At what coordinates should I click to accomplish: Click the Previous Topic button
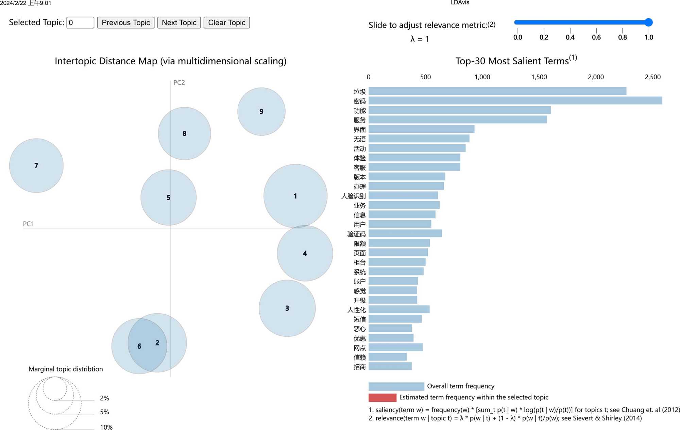coord(125,22)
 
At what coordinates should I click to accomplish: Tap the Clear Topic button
coord(226,22)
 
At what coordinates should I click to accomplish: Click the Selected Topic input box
coord(80,22)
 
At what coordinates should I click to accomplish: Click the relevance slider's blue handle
coord(648,22)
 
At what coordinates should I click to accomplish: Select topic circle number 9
coord(261,112)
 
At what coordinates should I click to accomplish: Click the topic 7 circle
coord(36,165)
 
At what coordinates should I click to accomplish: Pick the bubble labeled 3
coord(287,308)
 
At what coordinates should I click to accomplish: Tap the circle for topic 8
coord(184,133)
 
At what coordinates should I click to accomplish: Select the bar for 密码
coord(515,100)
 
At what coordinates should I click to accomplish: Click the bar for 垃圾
coord(497,91)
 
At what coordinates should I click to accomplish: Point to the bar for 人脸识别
coord(403,195)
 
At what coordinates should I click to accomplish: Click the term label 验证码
coord(356,234)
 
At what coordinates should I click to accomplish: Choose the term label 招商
coord(359,367)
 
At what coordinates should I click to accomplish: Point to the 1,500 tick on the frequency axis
coord(539,77)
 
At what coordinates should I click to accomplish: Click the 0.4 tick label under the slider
coord(570,37)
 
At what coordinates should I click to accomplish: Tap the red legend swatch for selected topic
coord(382,397)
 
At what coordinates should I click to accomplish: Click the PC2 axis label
coord(179,82)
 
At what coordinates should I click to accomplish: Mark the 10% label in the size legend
coord(106,427)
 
